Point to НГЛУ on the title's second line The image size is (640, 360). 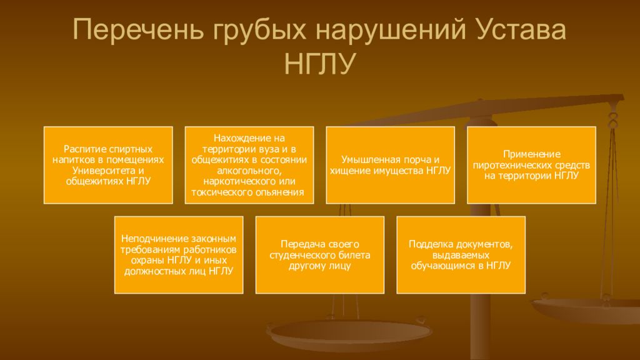tap(319, 64)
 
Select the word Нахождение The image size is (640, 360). tap(231, 139)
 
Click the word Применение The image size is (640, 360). tap(531, 154)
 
